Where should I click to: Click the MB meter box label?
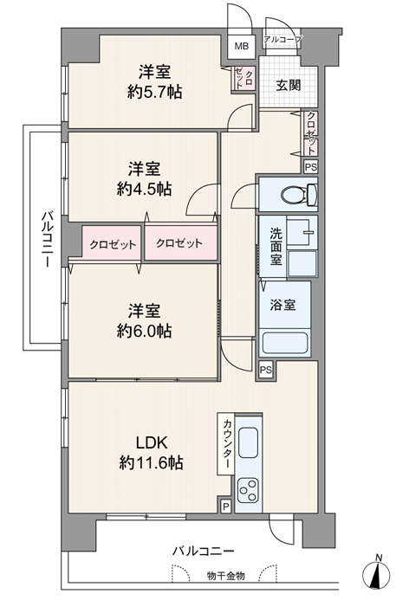[241, 46]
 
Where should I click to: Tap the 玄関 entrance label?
[288, 86]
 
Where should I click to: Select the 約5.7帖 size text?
[154, 92]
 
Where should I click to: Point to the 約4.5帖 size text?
[144, 189]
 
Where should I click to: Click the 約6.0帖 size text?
[144, 331]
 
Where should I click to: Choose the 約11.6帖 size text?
[151, 463]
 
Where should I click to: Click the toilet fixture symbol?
[299, 195]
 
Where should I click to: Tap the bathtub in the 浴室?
[285, 343]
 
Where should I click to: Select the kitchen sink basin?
[248, 442]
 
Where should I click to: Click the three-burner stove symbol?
[248, 491]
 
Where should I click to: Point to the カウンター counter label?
[226, 443]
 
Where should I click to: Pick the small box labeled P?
[226, 507]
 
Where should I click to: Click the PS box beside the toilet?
[311, 167]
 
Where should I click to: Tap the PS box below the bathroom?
[266, 370]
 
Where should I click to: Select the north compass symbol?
[379, 574]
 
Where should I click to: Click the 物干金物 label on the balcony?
[226, 576]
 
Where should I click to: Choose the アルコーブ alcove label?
[283, 39]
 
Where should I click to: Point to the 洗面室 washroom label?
[276, 246]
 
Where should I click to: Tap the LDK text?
[152, 442]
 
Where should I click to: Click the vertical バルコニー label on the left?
[48, 238]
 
